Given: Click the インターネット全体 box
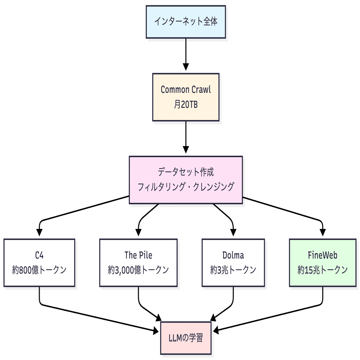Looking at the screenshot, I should [x=186, y=21].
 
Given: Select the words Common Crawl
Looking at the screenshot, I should [x=186, y=89].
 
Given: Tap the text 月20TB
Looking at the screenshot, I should [x=186, y=105].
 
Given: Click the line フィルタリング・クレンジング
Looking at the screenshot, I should [x=186, y=187].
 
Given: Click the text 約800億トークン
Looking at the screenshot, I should [x=39, y=270].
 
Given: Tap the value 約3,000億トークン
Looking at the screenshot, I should [x=138, y=270].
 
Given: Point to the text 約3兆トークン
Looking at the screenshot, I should [x=233, y=270].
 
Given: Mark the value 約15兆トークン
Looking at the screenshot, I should [x=323, y=270].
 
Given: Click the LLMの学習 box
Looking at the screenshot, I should [x=186, y=337].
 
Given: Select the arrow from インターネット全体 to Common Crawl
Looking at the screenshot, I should [x=186, y=54].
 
